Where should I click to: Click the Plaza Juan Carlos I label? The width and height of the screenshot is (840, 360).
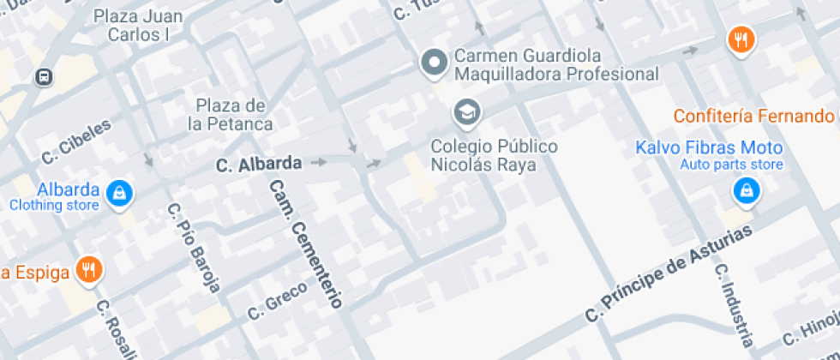(138, 25)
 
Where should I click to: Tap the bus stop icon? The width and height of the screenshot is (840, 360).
(43, 77)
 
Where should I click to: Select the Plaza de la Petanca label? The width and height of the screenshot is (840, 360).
(231, 115)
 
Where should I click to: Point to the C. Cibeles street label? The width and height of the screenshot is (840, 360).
(76, 141)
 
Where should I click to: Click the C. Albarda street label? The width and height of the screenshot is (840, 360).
(259, 163)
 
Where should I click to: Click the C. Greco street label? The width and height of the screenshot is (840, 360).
(277, 301)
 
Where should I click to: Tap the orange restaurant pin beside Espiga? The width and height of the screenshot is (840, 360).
(89, 270)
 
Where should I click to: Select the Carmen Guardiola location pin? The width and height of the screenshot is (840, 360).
(435, 63)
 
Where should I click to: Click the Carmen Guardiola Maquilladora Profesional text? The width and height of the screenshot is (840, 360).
(556, 65)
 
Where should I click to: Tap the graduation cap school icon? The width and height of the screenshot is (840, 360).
(467, 111)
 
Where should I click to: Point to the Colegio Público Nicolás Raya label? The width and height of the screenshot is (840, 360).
(494, 155)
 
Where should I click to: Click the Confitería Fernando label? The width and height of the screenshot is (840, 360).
(753, 116)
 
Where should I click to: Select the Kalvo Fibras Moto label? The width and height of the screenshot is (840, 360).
(709, 147)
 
